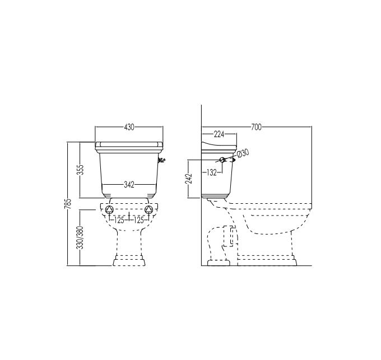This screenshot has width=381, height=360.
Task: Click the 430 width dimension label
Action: (129, 127)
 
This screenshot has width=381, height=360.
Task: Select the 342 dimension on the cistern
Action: (129, 185)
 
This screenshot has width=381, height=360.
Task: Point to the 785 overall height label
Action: (69, 204)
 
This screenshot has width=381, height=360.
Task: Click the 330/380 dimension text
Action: (80, 237)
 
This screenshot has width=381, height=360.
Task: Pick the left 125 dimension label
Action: (119, 221)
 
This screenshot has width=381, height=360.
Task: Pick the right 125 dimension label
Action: (139, 221)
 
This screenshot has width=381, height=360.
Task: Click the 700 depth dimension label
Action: (257, 127)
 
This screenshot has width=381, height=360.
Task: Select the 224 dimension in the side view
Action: (219, 134)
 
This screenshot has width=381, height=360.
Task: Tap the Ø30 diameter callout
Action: (243, 153)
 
